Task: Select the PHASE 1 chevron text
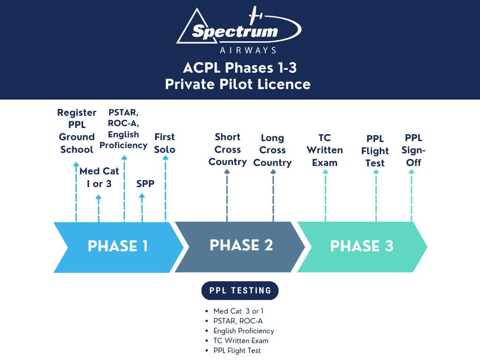tap(118, 246)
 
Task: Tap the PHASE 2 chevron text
tap(241, 245)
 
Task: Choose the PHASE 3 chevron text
tap(361, 246)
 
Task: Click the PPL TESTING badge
tap(240, 291)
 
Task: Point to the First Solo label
tap(165, 143)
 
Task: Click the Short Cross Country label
tap(227, 150)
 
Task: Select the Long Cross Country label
tap(272, 150)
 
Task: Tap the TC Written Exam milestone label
tap(324, 150)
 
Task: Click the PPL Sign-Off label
tap(413, 150)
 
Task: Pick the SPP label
tap(145, 184)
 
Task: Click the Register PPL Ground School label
tap(76, 131)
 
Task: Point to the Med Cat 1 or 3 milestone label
tap(99, 177)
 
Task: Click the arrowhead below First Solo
tap(165, 158)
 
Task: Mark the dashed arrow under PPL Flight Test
tap(375, 197)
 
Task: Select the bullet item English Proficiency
tap(243, 331)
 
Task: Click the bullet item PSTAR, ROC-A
tap(238, 321)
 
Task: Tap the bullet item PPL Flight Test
tap(237, 351)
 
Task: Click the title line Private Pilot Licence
tap(238, 84)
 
